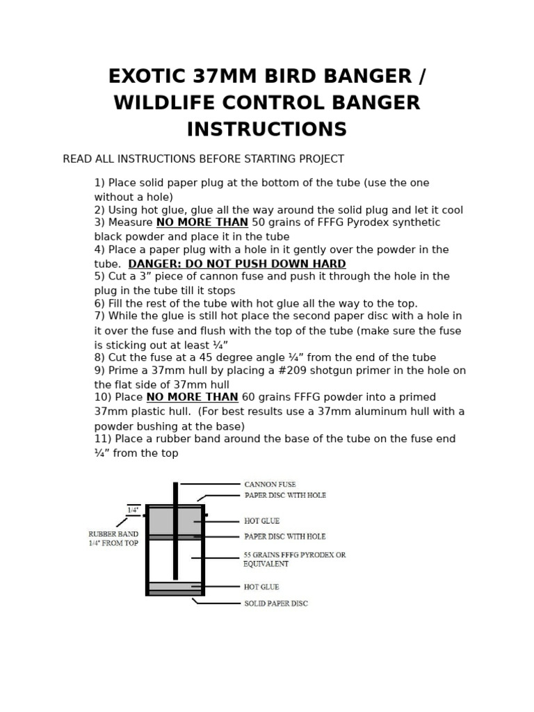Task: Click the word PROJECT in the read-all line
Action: point(321,159)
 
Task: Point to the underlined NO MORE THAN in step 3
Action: point(202,222)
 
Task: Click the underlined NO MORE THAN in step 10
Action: point(192,397)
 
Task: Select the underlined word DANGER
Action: point(157,264)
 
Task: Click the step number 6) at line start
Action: point(100,304)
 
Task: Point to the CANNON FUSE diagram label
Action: point(270,484)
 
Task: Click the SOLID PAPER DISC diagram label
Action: point(275,604)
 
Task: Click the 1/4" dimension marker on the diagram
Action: point(133,510)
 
